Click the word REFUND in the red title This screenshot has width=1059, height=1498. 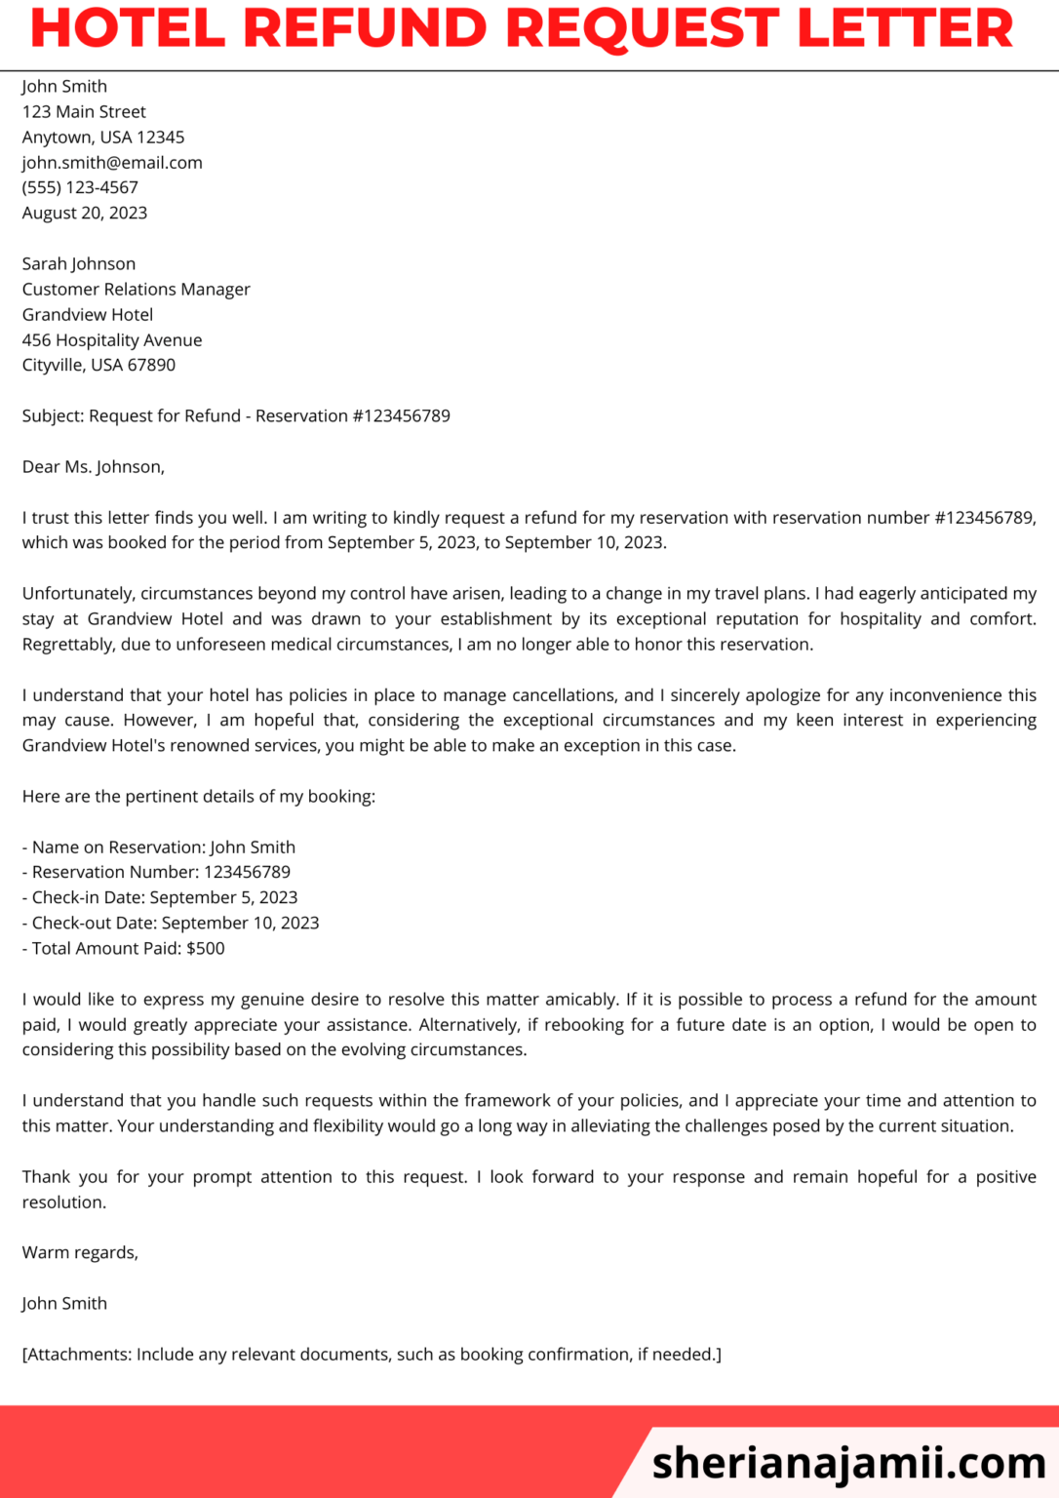(x=365, y=28)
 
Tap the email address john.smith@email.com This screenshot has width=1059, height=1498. (x=112, y=163)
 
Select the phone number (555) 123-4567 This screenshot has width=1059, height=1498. (x=80, y=187)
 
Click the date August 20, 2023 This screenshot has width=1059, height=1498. (x=85, y=213)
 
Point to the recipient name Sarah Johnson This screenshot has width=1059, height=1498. (x=79, y=263)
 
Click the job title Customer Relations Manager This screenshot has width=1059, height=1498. (x=137, y=289)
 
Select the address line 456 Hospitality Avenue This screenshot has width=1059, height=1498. (x=112, y=339)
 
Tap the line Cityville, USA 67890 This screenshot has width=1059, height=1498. (x=98, y=365)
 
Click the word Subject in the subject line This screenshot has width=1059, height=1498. (x=53, y=415)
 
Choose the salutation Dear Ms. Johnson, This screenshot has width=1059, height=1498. (x=94, y=466)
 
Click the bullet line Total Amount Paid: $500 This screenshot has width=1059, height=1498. (x=124, y=948)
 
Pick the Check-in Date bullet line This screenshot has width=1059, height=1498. (x=160, y=897)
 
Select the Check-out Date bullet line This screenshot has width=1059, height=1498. (x=171, y=923)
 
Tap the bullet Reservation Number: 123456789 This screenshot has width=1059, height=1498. (x=156, y=872)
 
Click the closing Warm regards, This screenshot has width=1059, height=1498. (x=80, y=1252)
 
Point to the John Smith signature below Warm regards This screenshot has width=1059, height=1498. (x=64, y=1303)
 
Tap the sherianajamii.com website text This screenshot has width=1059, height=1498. (x=848, y=1462)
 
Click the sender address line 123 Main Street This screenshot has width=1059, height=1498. (x=84, y=112)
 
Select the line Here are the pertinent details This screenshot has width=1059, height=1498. (x=199, y=796)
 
